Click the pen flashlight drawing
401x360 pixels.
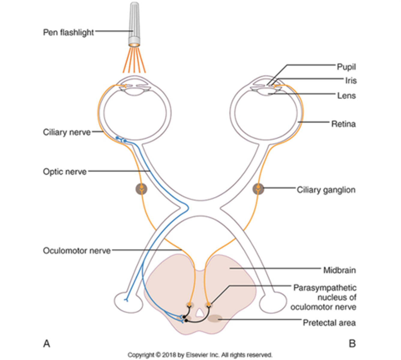[x=134, y=24]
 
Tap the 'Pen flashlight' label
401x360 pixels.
[x=68, y=32]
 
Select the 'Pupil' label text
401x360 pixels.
[x=346, y=67]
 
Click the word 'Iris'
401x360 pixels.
[x=351, y=80]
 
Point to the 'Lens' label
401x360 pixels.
[x=346, y=95]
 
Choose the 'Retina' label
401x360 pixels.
[x=343, y=124]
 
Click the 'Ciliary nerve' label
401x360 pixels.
[x=67, y=132]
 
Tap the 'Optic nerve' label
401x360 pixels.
[x=65, y=172]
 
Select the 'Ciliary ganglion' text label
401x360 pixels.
[x=326, y=190]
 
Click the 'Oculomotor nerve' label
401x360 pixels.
[x=77, y=250]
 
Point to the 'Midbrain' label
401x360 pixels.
[x=339, y=270]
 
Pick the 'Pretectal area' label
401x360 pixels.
[x=329, y=322]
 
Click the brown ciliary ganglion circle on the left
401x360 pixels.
[x=141, y=189]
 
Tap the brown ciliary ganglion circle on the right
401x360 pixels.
[x=258, y=189]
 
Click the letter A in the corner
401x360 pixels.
[x=47, y=343]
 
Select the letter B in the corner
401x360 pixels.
[x=352, y=343]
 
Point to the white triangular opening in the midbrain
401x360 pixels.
[x=199, y=313]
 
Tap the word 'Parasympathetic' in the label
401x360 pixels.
[x=325, y=288]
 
